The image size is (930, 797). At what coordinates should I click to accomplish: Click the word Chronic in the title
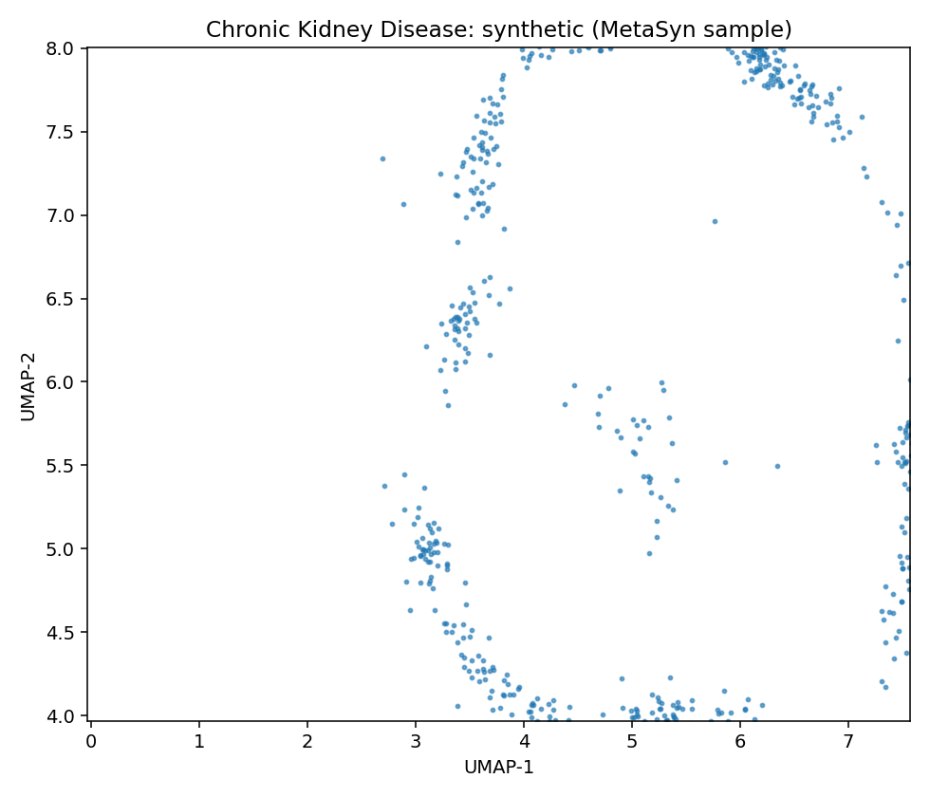point(241,30)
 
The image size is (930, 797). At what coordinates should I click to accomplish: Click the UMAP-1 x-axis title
point(498,768)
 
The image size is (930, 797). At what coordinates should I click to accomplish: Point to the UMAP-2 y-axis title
point(28,386)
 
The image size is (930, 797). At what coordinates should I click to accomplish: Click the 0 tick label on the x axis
point(91,741)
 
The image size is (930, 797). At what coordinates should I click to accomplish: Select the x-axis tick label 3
point(416,741)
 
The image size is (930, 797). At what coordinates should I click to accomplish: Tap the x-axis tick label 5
point(632,741)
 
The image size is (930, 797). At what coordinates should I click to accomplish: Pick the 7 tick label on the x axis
point(848,741)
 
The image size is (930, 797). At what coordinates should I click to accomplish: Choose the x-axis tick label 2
point(307,741)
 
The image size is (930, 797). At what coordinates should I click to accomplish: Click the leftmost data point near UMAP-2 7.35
point(382,158)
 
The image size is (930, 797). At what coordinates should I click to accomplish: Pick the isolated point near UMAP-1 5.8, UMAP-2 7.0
point(715,221)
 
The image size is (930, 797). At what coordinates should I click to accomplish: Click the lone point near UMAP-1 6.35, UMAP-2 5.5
point(777,466)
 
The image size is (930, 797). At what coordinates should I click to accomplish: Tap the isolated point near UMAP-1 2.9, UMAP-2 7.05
point(403,204)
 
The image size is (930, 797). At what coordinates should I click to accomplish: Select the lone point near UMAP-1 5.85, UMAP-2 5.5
point(725,462)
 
